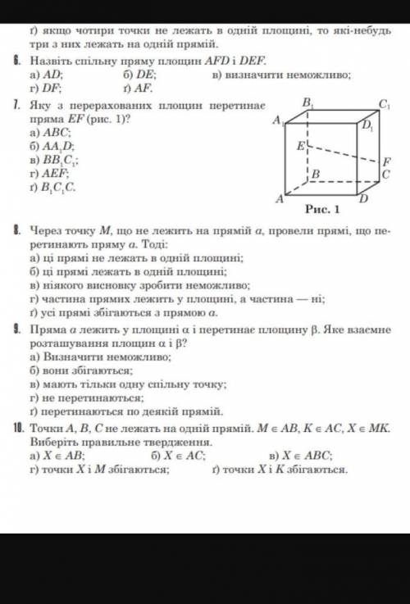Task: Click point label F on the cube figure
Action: click(387, 161)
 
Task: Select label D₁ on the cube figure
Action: click(367, 125)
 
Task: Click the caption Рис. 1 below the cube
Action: click(327, 210)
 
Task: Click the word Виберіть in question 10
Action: click(50, 443)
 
